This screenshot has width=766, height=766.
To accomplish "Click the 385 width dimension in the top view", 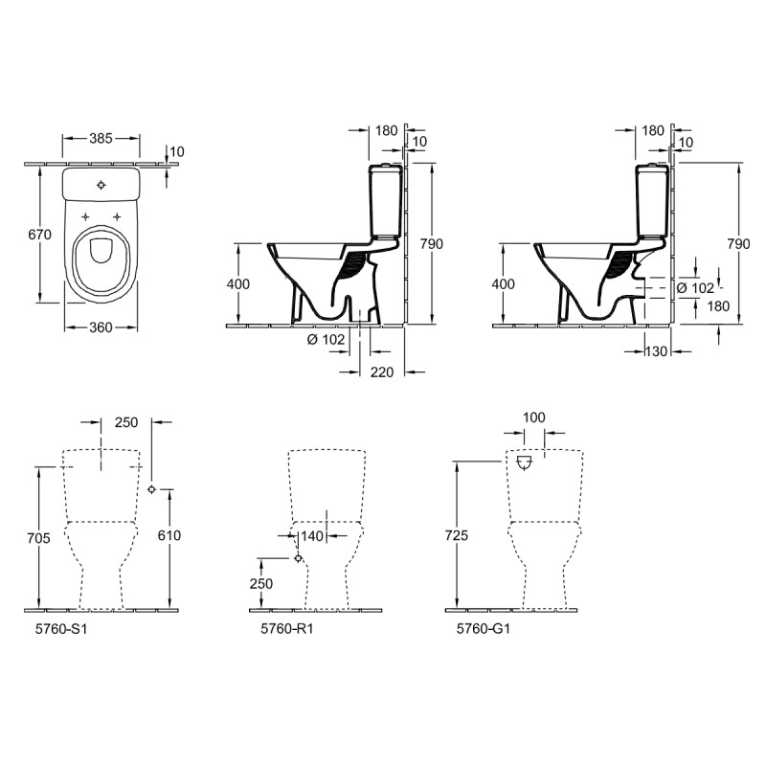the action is pyautogui.click(x=101, y=139).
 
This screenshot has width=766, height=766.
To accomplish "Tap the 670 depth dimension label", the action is pyautogui.click(x=39, y=235).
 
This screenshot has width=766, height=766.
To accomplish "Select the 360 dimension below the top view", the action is pyautogui.click(x=101, y=327).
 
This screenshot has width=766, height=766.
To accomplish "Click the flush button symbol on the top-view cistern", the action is pyautogui.click(x=101, y=185).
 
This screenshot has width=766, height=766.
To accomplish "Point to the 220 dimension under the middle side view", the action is pyautogui.click(x=381, y=372).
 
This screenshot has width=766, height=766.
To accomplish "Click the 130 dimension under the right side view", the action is pyautogui.click(x=656, y=351).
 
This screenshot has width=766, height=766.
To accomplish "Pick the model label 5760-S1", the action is pyautogui.click(x=61, y=629).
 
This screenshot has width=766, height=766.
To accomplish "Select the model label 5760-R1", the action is pyautogui.click(x=286, y=629).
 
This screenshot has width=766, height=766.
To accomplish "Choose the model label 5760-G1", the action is pyautogui.click(x=484, y=629).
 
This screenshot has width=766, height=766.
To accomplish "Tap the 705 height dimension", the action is pyautogui.click(x=39, y=538).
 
